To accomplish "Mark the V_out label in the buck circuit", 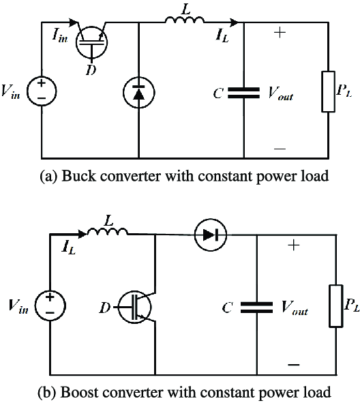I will (x=280, y=94).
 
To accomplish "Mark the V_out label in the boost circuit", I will (x=295, y=308).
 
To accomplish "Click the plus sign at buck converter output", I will (x=279, y=33).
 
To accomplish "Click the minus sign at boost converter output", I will (x=294, y=364).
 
